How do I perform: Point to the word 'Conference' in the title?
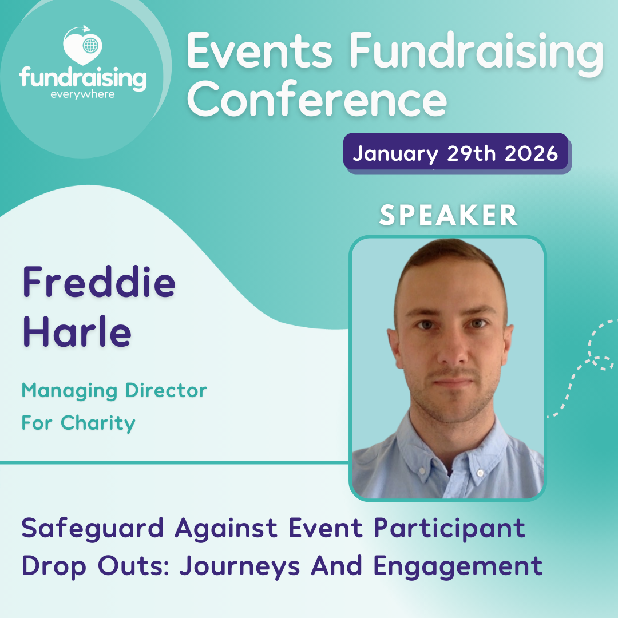pos(317,98)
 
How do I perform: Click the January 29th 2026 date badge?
pos(455,153)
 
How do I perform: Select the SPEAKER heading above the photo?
pos(449,215)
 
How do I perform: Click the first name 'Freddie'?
pos(99,283)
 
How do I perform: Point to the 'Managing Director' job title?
pos(114,391)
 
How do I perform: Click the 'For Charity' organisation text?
pos(78,423)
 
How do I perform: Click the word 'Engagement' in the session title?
pos(458,566)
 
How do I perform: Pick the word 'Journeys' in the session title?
pos(240,566)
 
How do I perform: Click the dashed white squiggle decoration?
pos(589,360)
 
